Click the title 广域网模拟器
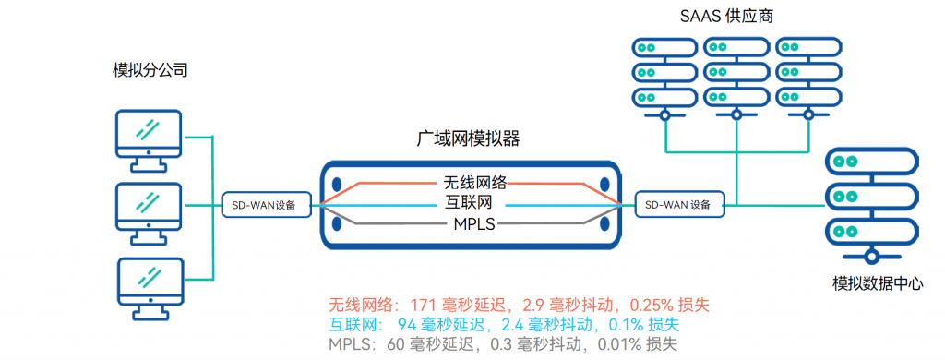(x=469, y=138)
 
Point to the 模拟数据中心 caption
(x=876, y=284)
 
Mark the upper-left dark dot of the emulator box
(x=338, y=184)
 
